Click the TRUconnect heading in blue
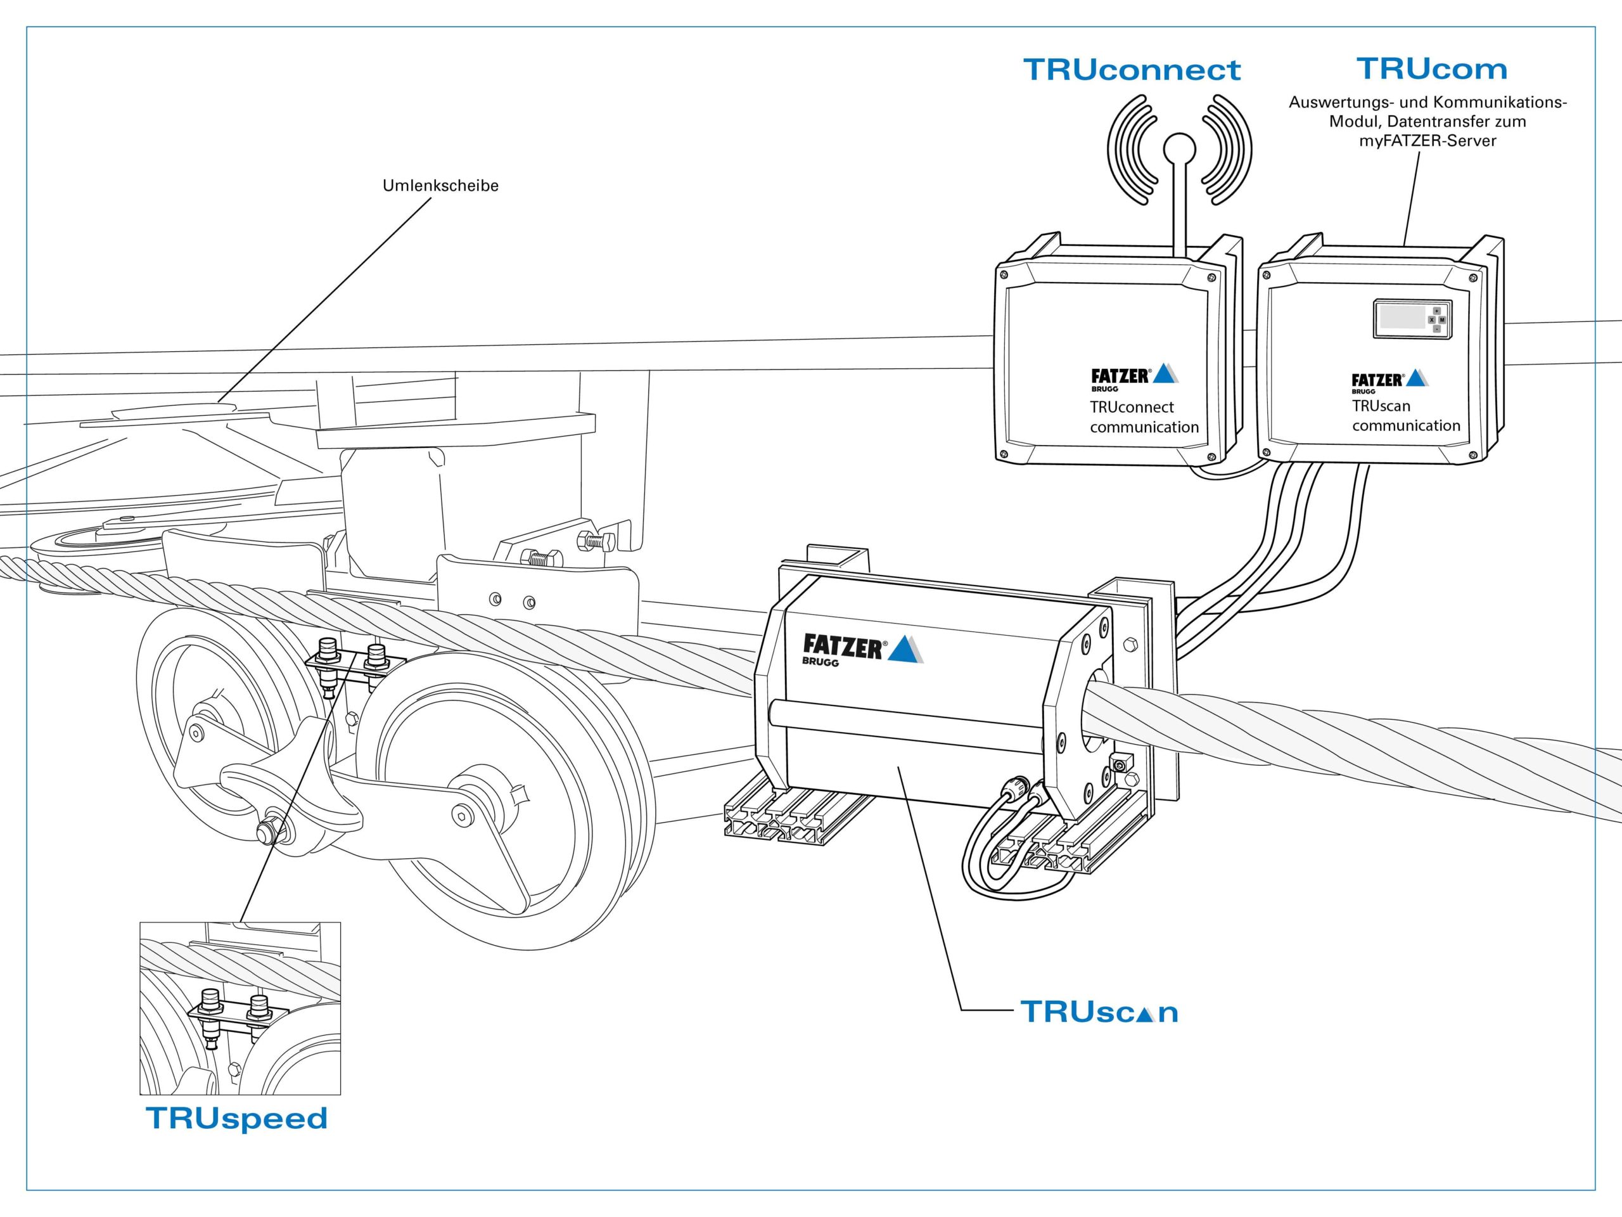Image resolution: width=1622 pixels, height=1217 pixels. (1132, 70)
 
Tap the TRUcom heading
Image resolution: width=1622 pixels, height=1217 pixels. (1431, 69)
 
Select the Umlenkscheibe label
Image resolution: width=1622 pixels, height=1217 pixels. (441, 186)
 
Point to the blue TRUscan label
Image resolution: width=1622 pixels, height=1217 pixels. (1099, 1012)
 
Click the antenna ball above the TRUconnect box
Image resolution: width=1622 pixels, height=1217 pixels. (1179, 149)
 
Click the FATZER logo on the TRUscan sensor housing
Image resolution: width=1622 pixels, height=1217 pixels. (863, 649)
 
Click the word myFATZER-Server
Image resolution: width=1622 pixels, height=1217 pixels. (1427, 141)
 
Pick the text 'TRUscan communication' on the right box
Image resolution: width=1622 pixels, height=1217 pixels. (1407, 416)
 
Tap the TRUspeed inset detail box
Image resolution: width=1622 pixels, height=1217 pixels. (239, 1008)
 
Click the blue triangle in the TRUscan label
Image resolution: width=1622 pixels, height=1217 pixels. (1139, 1015)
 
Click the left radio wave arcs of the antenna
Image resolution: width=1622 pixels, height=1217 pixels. (1129, 150)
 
